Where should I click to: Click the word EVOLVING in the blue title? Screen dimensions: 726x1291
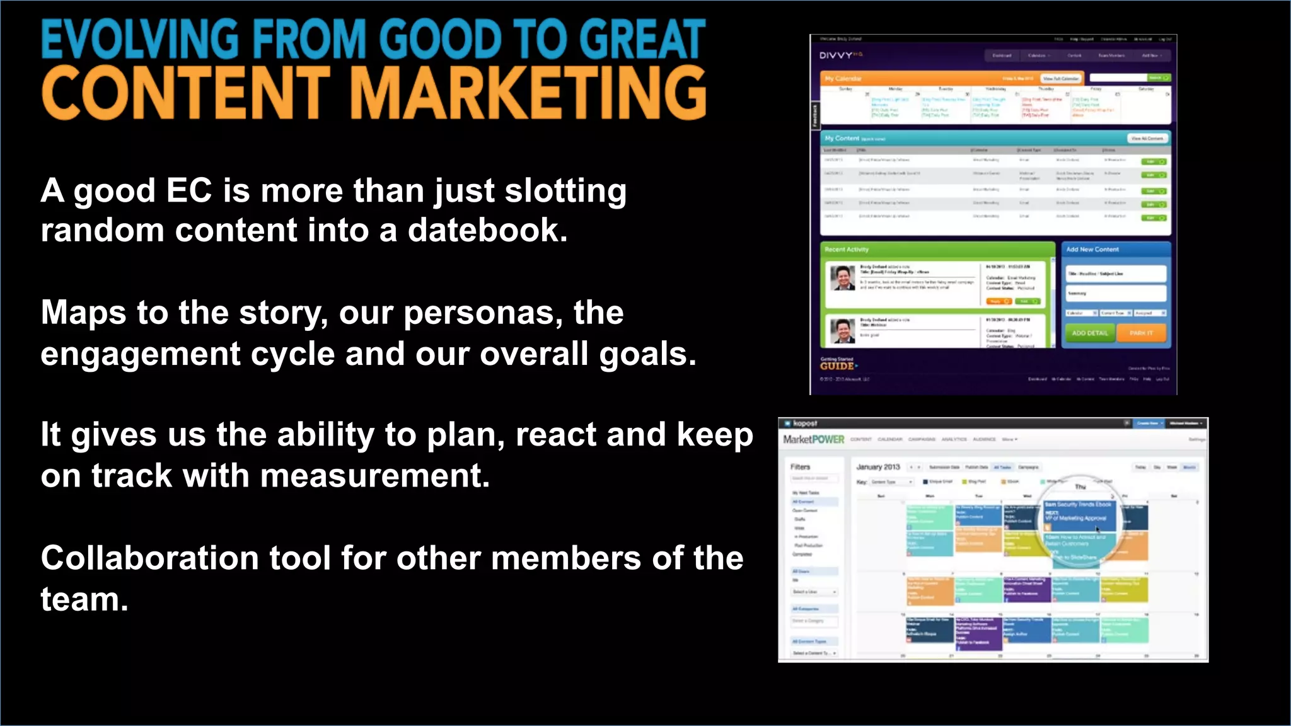click(x=140, y=39)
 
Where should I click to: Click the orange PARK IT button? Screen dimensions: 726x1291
click(x=1141, y=333)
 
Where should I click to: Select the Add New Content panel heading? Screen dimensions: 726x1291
click(x=1092, y=250)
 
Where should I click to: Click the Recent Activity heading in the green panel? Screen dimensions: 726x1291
click(x=847, y=250)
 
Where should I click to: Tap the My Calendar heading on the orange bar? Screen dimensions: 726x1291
click(x=843, y=79)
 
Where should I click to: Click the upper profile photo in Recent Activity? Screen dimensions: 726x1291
click(x=842, y=278)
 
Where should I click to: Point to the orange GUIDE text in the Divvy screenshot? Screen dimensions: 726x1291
click(x=837, y=366)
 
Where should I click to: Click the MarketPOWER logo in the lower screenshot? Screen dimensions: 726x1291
click(x=813, y=439)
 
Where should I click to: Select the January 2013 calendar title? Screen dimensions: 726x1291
click(x=878, y=467)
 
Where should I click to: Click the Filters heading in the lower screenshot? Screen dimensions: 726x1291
click(x=801, y=467)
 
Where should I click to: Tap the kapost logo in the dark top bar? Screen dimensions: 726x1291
click(x=804, y=423)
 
